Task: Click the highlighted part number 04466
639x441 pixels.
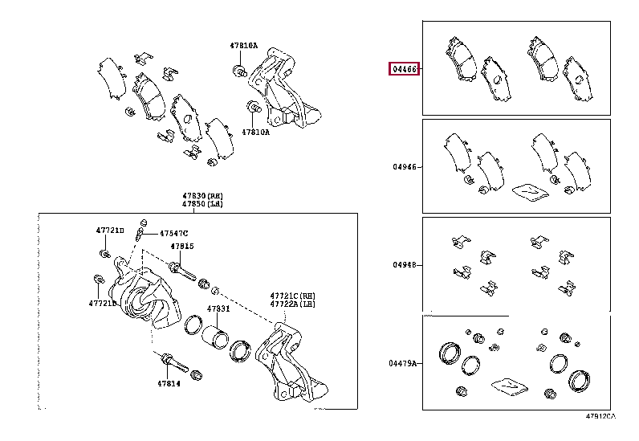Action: click(405, 69)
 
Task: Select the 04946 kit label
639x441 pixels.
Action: click(405, 167)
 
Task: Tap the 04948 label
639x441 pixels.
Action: click(405, 265)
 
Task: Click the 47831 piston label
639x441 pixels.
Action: click(218, 308)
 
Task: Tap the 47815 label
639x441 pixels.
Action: click(181, 246)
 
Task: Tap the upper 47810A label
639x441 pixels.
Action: click(244, 46)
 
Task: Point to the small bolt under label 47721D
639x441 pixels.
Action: click(106, 254)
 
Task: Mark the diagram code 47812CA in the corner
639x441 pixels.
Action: click(600, 416)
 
